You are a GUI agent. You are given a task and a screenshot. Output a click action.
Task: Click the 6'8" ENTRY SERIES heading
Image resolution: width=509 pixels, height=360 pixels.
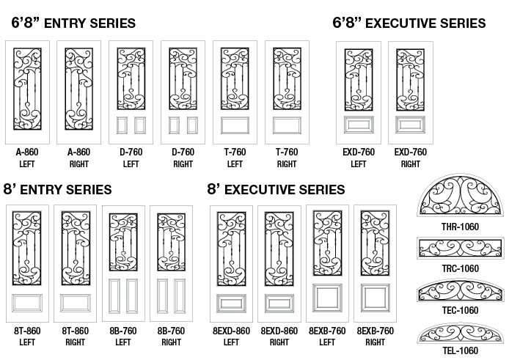tap(73, 23)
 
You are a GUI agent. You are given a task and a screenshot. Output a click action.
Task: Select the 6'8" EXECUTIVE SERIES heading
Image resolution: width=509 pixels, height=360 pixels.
tap(409, 23)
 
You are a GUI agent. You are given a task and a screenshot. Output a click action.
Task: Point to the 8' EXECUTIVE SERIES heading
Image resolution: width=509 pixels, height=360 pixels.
tap(276, 189)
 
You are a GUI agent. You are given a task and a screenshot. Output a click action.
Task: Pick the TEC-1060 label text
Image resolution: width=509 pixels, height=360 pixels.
tap(461, 310)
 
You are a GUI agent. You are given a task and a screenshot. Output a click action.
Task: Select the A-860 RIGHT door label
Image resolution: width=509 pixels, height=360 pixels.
tap(78, 158)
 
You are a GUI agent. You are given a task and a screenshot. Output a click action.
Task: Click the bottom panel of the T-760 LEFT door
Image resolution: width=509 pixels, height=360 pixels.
tap(235, 124)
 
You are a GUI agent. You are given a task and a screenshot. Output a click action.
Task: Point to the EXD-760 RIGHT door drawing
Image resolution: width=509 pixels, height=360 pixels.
tap(410, 90)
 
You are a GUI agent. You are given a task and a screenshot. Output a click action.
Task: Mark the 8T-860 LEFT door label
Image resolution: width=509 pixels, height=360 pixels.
tap(27, 336)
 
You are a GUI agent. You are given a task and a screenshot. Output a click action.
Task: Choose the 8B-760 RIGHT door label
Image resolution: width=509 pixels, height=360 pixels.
tap(171, 336)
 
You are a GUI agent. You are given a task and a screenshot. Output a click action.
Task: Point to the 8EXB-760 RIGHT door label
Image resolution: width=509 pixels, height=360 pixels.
tap(375, 336)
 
